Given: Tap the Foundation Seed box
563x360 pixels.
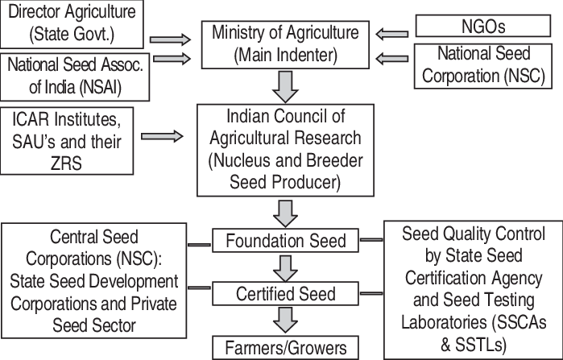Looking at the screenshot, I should [x=284, y=240].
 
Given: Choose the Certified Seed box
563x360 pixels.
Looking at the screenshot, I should [x=284, y=294].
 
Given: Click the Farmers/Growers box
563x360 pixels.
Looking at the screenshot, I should [x=284, y=348].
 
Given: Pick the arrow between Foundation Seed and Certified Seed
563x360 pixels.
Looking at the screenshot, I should [x=284, y=267].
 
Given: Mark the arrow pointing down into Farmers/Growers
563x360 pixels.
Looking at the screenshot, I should [x=284, y=321].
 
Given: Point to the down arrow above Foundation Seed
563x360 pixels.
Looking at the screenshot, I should [x=284, y=213].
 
